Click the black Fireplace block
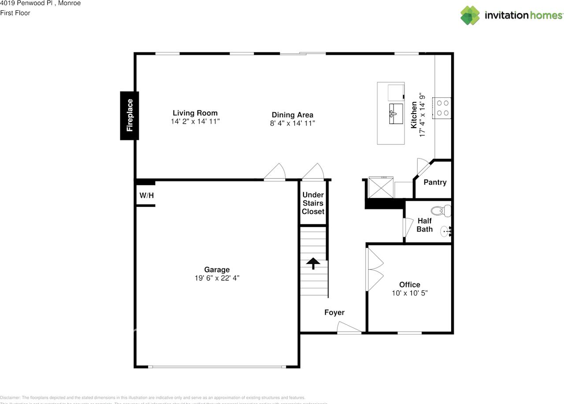click(130, 116)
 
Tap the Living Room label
click(195, 113)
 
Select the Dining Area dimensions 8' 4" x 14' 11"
click(292, 124)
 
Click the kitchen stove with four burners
click(442, 108)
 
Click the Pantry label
click(435, 182)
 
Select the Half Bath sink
click(446, 230)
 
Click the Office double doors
click(374, 269)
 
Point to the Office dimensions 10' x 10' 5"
click(410, 293)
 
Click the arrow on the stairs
click(313, 263)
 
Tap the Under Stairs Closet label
click(313, 203)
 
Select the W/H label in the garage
click(147, 195)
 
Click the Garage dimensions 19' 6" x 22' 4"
click(217, 278)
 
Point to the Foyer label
click(334, 312)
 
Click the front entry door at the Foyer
click(349, 328)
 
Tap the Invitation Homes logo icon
click(470, 15)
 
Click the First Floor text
click(15, 13)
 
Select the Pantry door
click(423, 168)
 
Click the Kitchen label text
click(414, 115)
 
